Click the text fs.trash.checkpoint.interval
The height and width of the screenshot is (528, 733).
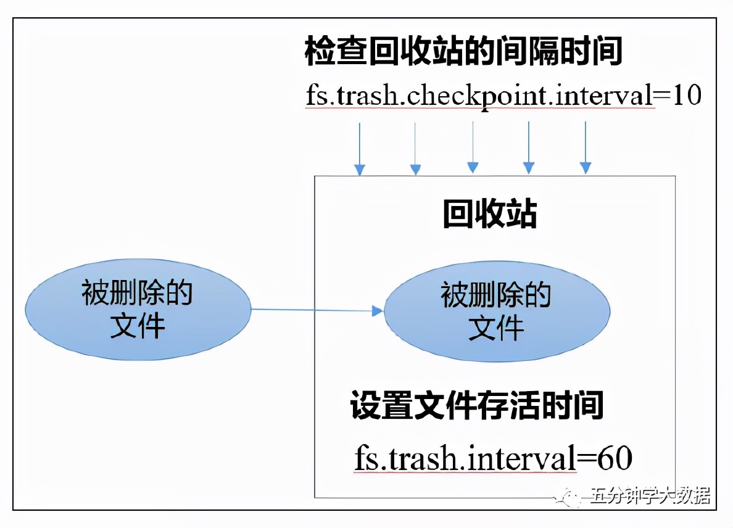[479, 96]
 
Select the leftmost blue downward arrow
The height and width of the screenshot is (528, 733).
[360, 148]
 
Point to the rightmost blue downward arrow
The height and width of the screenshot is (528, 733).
[585, 148]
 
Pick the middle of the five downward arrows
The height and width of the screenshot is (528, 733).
[473, 148]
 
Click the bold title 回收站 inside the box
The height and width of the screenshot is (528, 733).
[490, 215]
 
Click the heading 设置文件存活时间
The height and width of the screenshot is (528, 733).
[476, 405]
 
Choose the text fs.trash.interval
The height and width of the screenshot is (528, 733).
[465, 459]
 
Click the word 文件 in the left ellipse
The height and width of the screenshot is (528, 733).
[138, 325]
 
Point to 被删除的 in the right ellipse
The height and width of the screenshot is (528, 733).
[496, 295]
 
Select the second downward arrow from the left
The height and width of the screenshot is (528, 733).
[416, 148]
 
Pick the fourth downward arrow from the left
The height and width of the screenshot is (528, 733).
[529, 148]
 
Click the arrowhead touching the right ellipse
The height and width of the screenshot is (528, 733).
[378, 311]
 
